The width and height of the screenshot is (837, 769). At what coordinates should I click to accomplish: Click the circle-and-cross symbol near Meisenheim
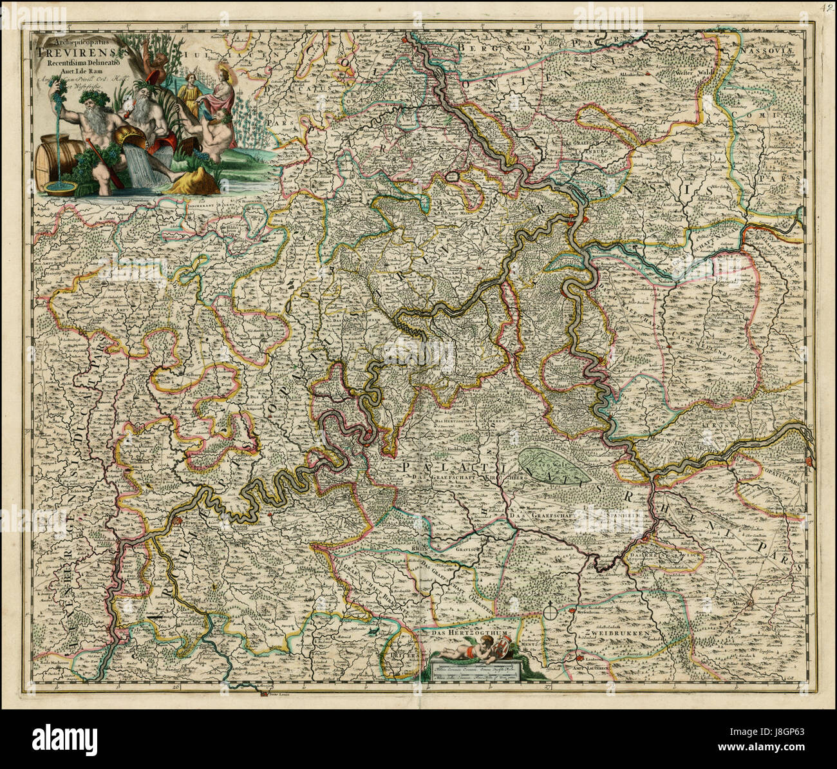551,609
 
